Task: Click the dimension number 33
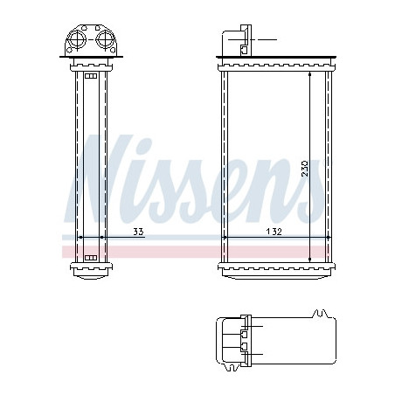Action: (137, 232)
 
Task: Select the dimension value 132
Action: (273, 232)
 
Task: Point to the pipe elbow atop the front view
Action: (237, 39)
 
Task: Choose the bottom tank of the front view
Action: (274, 269)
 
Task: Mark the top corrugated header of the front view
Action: (274, 65)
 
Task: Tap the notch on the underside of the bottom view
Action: (322, 368)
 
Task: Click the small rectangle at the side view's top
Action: (91, 76)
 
